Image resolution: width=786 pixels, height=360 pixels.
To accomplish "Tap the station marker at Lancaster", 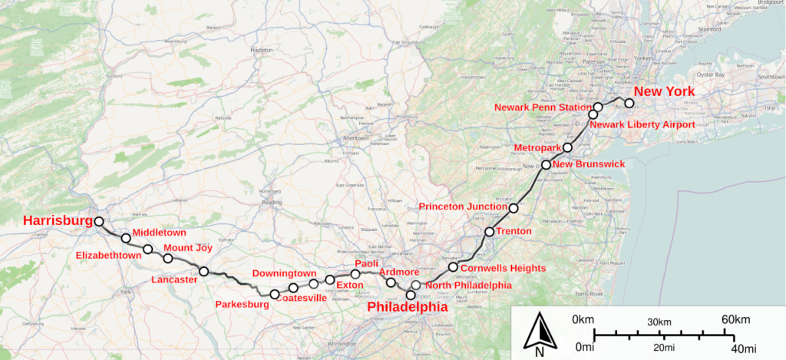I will pos(204,271).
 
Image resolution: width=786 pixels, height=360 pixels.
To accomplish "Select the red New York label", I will pos(664,91).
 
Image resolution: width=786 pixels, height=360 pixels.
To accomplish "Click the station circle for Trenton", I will pos(489,232).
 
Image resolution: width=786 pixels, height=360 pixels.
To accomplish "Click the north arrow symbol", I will pos(540,334).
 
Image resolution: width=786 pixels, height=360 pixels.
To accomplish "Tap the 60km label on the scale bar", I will pos(735,319).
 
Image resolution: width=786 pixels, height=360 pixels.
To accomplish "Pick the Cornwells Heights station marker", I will pos(454,267).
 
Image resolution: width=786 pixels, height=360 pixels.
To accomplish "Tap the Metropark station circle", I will pos(567,147).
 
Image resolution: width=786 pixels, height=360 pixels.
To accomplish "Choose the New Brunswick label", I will pos(589,164).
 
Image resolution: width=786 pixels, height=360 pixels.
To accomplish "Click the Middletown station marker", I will pos(126,237).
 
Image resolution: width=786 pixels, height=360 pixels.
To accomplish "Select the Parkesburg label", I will pos(242,305).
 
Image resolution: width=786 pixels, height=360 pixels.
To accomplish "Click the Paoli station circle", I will pos(355,274).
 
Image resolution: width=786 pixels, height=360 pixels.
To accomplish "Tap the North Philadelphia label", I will pos(467,286).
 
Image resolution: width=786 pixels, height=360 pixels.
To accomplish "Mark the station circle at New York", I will pos(629,103).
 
